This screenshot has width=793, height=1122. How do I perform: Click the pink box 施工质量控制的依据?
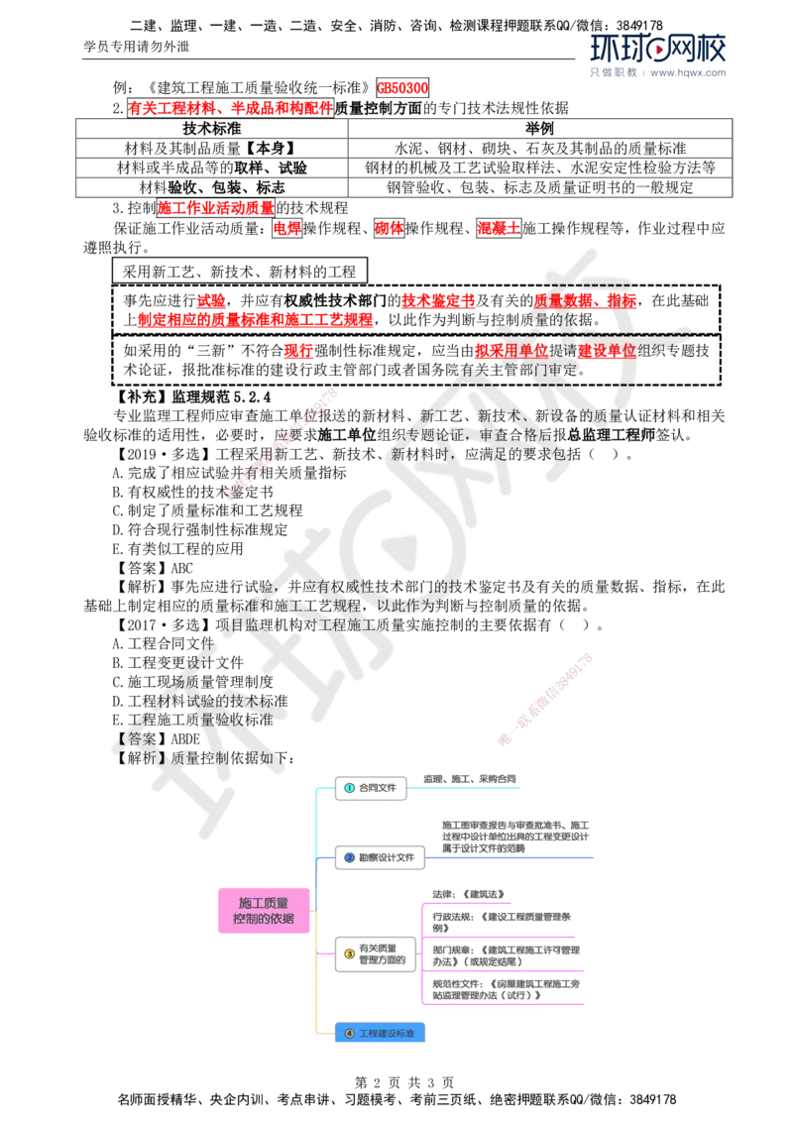coord(262,910)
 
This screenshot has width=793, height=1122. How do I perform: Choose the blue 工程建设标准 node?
coord(380,1033)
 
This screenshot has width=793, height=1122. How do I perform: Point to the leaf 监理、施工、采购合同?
coord(470,780)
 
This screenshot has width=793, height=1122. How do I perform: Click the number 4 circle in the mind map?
coord(348,1033)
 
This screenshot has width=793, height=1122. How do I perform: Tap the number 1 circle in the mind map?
coord(348,787)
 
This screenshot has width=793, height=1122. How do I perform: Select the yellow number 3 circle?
coord(348,954)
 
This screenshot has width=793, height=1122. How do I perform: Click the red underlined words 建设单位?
coord(607,351)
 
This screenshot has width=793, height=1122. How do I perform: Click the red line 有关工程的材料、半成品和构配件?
coord(230,107)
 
